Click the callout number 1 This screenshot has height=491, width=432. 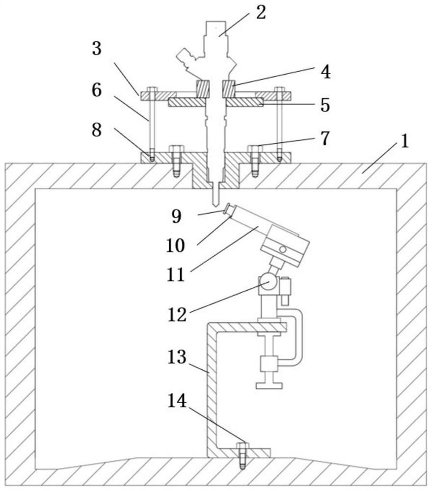405,141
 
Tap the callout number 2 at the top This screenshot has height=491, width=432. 261,13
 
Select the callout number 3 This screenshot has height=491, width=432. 97,49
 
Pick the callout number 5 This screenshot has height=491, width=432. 325,105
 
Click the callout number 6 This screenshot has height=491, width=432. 97,90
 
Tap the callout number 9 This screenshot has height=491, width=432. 177,216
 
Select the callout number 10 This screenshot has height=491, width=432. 175,245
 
